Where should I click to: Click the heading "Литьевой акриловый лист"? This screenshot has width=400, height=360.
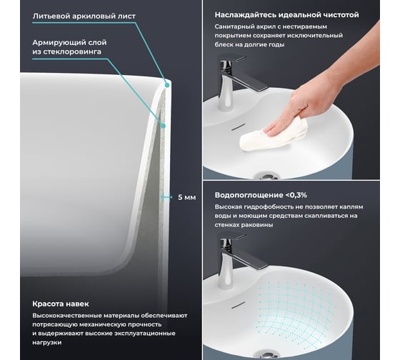(84, 16)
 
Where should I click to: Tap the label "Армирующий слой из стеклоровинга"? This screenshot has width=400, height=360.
(69, 47)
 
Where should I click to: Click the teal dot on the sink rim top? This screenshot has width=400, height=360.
(167, 86)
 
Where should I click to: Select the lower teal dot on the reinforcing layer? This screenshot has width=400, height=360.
(164, 126)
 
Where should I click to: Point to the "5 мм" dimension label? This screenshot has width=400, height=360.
(187, 197)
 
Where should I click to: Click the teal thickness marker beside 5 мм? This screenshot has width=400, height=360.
(166, 197)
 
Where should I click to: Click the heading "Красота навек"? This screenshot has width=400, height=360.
(61, 304)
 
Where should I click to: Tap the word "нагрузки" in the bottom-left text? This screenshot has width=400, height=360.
(47, 343)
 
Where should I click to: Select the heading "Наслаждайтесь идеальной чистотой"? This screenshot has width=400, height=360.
(286, 15)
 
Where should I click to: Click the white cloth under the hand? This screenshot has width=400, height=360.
(274, 134)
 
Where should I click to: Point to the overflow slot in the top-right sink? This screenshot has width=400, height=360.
(238, 127)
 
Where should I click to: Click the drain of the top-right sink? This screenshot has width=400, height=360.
(266, 176)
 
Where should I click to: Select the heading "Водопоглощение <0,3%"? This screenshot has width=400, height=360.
(261, 195)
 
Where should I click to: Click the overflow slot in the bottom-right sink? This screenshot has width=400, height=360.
(238, 305)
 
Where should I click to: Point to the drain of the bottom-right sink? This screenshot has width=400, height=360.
(266, 354)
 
